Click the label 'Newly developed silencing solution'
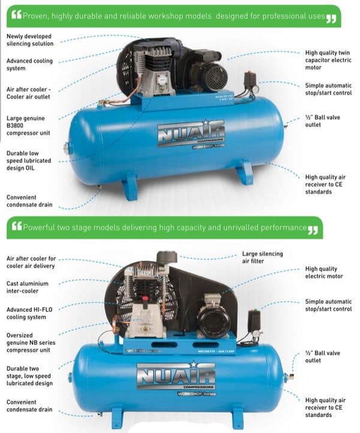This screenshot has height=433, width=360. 30,40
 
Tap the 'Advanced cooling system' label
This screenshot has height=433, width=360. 29,64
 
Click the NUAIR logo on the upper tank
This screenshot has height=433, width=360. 191,133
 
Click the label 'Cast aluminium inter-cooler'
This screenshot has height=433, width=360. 28,287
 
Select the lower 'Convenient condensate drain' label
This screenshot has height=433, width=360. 29,405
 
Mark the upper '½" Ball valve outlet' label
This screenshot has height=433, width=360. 322,121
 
